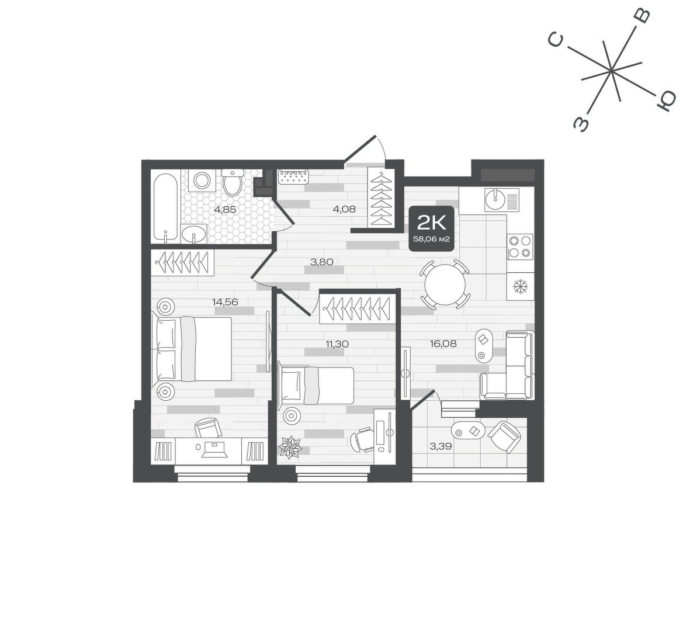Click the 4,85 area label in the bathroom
[225, 209]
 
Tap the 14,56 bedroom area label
[225, 301]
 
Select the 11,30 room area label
[337, 344]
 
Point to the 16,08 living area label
[443, 344]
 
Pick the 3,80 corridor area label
[321, 262]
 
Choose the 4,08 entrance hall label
[344, 209]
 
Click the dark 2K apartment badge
[432, 228]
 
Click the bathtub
[165, 207]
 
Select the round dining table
[445, 285]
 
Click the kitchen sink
[495, 199]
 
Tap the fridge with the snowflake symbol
[519, 286]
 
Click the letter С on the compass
[556, 40]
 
